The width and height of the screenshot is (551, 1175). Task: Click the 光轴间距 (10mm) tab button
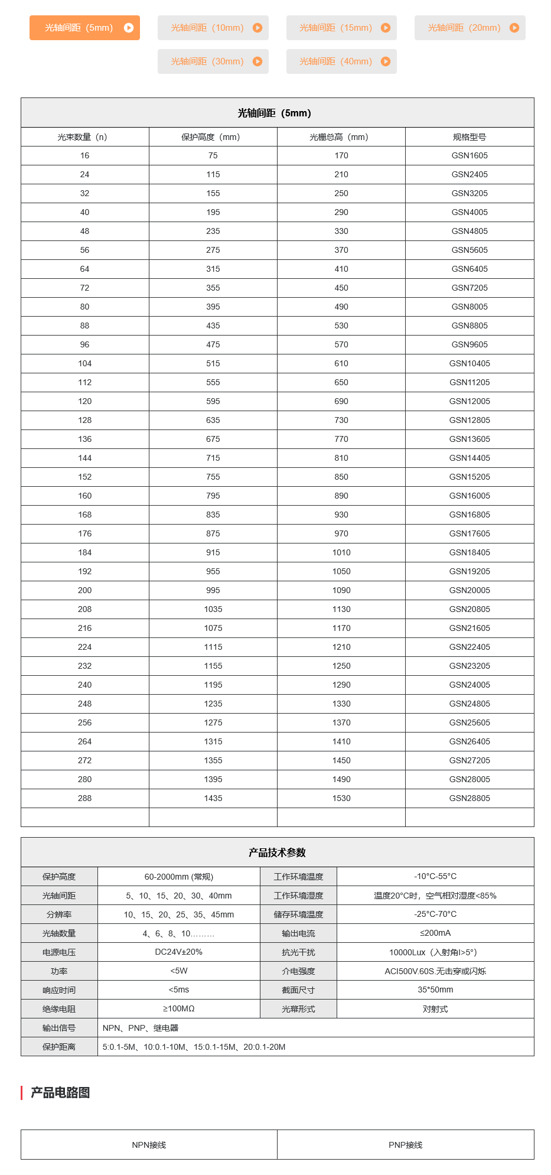pyautogui.click(x=213, y=28)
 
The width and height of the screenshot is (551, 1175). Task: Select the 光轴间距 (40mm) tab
pyautogui.click(x=341, y=61)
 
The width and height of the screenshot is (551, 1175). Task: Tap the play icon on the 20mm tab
pyautogui.click(x=514, y=28)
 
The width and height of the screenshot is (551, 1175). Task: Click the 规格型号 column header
pyautogui.click(x=470, y=137)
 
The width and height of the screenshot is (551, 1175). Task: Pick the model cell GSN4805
pyautogui.click(x=470, y=231)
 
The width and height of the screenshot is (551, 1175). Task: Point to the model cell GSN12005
pyautogui.click(x=470, y=401)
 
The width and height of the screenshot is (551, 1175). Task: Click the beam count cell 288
pyautogui.click(x=85, y=798)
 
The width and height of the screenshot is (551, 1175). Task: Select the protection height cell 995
pyautogui.click(x=213, y=590)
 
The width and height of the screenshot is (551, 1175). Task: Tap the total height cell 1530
pyautogui.click(x=341, y=798)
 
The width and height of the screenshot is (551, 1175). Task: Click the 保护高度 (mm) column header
pyautogui.click(x=213, y=137)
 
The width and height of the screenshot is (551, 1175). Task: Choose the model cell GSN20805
pyautogui.click(x=470, y=609)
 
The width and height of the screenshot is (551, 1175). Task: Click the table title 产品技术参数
pyautogui.click(x=277, y=852)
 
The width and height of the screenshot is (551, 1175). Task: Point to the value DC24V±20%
pyautogui.click(x=179, y=952)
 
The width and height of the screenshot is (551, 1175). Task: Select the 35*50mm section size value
pyautogui.click(x=435, y=990)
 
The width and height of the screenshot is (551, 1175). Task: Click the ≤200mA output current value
pyautogui.click(x=435, y=933)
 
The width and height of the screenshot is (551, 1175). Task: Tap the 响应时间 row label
pyautogui.click(x=59, y=990)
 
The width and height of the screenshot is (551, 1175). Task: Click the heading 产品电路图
pyautogui.click(x=60, y=1093)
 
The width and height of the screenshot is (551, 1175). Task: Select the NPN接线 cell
pyautogui.click(x=149, y=1145)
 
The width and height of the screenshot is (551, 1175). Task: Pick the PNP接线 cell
pyautogui.click(x=405, y=1145)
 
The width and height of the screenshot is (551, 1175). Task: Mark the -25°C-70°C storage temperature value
pyautogui.click(x=435, y=914)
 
